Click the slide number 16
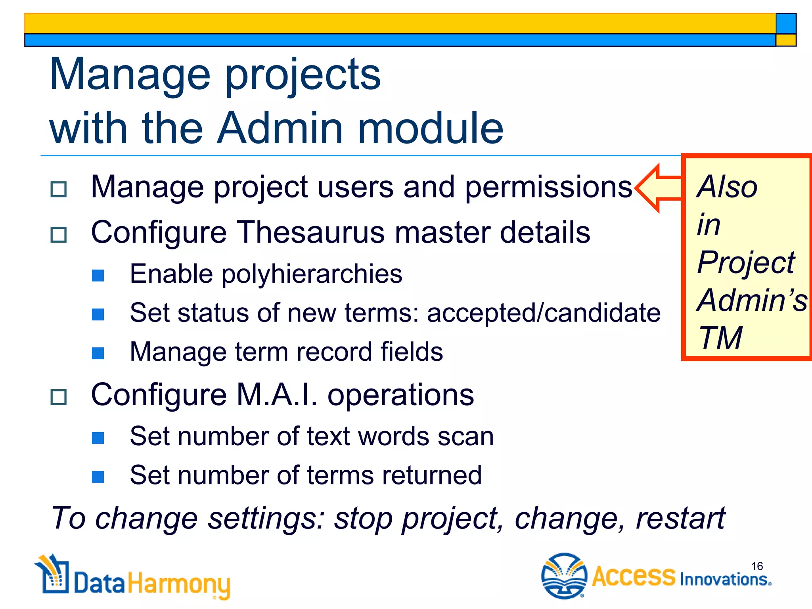coord(756,566)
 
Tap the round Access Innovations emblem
coord(564,576)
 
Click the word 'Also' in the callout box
coord(727,187)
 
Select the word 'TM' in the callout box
coord(720,338)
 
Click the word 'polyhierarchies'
coord(312,274)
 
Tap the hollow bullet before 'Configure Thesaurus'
coord(59,235)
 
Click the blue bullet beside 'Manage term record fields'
coord(98,353)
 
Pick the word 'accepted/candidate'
coord(544,313)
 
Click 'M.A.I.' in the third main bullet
coord(277,395)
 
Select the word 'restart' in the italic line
coord(680,518)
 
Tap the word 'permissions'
coord(548,187)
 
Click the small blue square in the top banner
coord(786,23)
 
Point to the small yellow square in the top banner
coord(786,40)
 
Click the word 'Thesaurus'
coord(310,232)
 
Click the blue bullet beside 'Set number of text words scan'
coord(98,438)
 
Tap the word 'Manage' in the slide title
coord(130,75)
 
